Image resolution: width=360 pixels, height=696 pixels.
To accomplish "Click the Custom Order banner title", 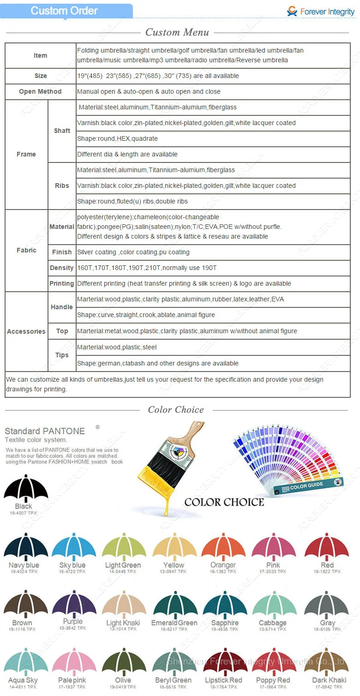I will click(64, 11).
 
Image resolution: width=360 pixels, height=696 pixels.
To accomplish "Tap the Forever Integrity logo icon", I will click(292, 11).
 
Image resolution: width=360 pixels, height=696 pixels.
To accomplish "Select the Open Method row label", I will click(40, 91).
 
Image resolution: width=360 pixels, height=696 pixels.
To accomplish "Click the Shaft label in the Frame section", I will click(62, 131).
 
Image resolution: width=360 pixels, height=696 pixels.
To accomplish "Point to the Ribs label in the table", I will click(62, 186).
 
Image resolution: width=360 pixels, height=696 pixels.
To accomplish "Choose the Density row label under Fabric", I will click(62, 268).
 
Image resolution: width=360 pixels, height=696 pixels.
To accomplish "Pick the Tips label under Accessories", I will click(62, 355).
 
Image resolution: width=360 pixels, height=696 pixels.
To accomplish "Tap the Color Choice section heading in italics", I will click(176, 410).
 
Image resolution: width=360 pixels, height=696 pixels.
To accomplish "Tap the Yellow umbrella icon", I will click(174, 547).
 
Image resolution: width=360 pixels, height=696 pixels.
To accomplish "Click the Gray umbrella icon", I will click(326, 605).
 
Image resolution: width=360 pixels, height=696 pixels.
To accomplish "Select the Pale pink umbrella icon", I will click(74, 662).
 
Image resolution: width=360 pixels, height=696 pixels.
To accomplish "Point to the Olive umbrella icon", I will click(124, 662).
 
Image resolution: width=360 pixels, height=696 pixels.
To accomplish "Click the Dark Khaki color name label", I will click(329, 680).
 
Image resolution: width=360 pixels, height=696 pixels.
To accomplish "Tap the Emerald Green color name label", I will click(174, 623).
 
